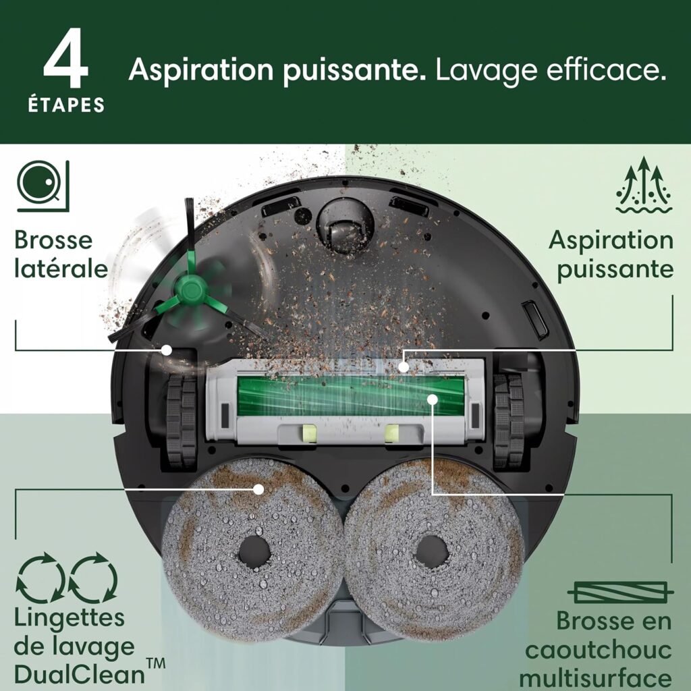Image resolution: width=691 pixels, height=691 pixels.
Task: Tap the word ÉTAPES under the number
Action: [66, 106]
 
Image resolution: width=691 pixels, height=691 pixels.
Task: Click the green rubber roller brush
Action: [351, 397]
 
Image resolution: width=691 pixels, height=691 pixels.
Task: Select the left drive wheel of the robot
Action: [181, 421]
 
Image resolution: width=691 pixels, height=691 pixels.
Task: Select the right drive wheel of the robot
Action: [509, 421]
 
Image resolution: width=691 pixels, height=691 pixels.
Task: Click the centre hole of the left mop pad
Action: [254, 551]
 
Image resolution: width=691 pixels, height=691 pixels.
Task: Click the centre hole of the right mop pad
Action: [432, 551]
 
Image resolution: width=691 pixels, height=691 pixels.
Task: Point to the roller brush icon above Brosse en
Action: [620, 593]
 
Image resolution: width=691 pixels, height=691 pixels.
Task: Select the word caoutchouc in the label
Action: [598, 651]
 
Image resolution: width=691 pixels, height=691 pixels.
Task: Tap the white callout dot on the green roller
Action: [431, 399]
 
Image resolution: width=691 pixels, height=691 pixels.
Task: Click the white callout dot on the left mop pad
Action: [257, 488]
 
